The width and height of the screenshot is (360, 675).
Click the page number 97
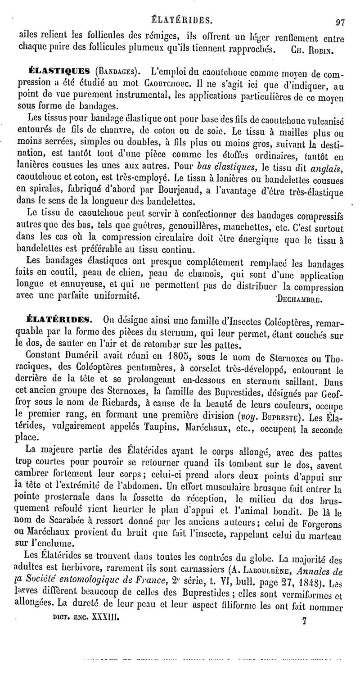pos(339,20)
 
